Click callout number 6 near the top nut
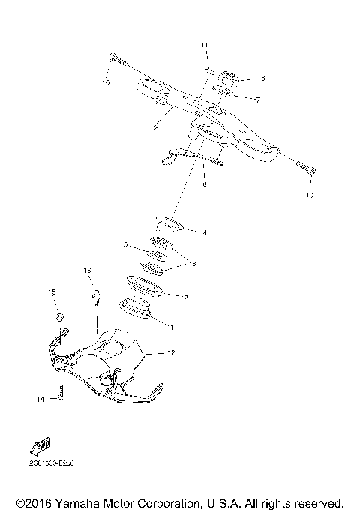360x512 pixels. point(262,78)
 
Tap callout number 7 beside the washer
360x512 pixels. point(257,100)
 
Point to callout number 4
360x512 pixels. point(204,232)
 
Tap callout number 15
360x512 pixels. point(52,292)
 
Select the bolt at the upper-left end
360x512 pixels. point(117,58)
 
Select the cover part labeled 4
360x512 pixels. point(169,224)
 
